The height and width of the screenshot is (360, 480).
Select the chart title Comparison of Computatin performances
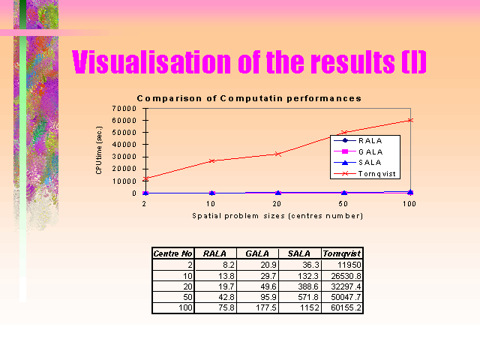coord(249,98)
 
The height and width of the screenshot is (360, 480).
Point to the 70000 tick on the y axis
coord(124,108)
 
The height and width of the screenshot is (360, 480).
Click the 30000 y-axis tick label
coord(124,157)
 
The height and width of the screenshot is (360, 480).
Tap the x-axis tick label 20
coord(277,204)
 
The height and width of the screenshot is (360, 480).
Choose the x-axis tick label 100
coord(409,204)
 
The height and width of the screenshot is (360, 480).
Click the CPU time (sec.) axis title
coord(99,150)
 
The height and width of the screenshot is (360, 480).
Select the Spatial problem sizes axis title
coord(277,216)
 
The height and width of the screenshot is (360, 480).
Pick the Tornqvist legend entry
coord(365,173)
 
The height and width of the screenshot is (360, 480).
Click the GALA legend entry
coord(358,151)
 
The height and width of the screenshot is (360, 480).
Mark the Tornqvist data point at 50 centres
coord(344,133)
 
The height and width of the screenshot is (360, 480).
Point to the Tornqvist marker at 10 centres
coord(211,160)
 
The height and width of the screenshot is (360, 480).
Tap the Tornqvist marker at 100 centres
coord(410,120)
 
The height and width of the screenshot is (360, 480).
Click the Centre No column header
coord(173,253)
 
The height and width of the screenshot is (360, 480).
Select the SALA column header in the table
coord(299,253)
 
